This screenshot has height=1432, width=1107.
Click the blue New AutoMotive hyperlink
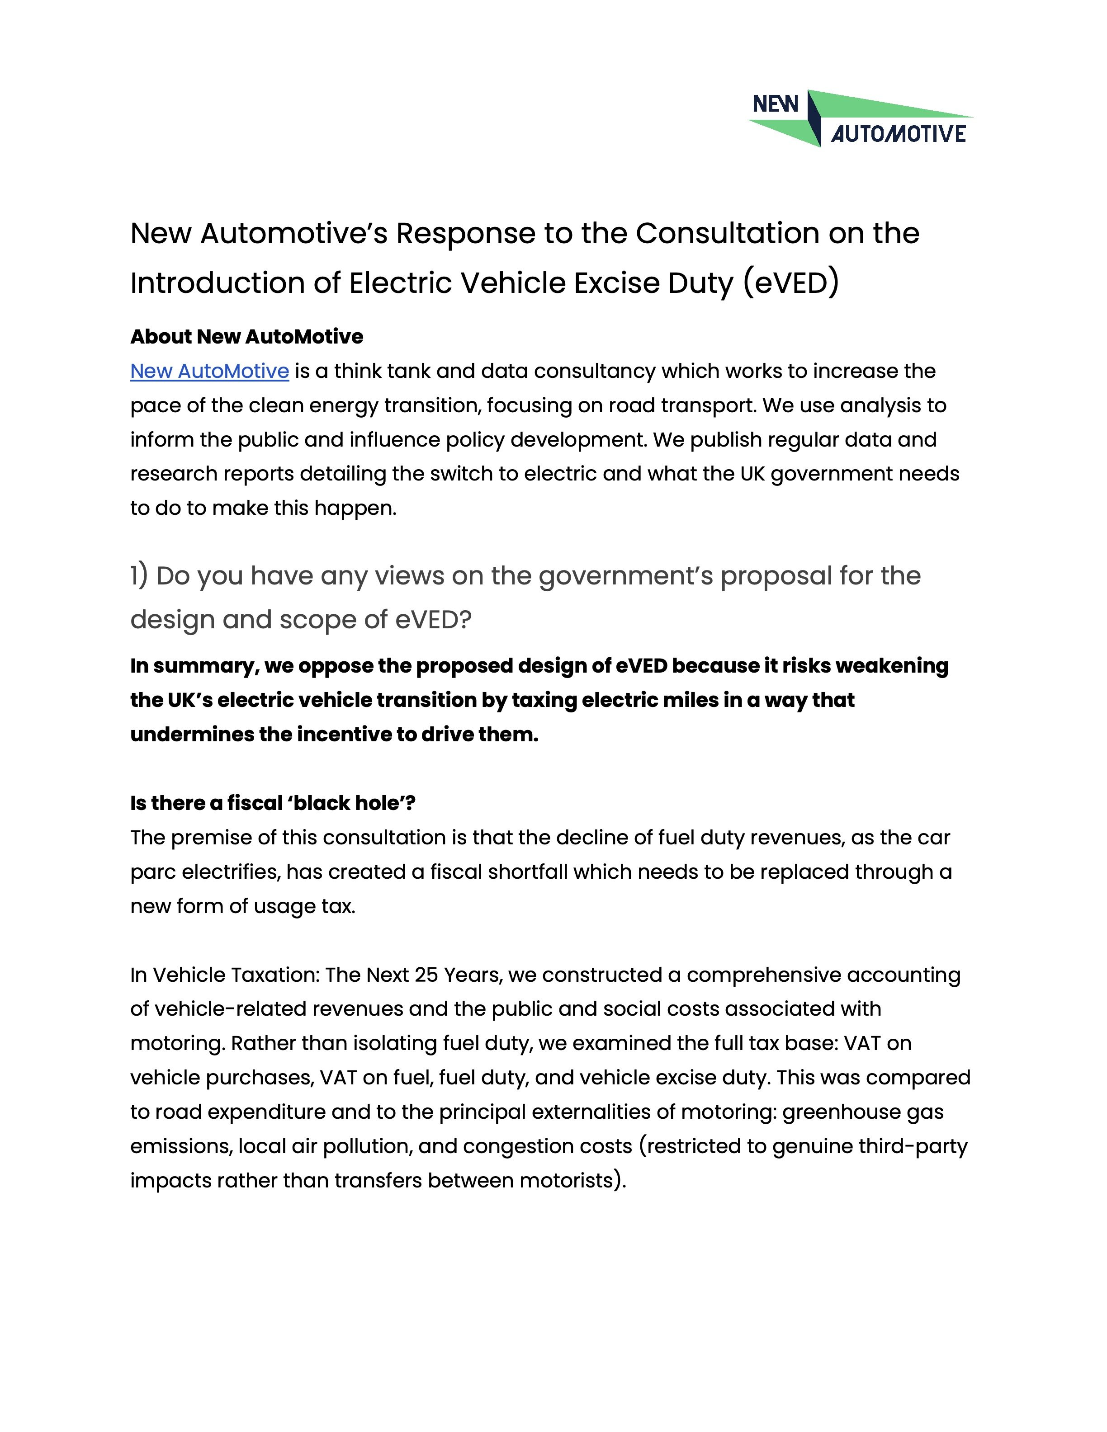(x=209, y=371)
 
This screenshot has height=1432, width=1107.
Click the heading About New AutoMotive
(x=246, y=336)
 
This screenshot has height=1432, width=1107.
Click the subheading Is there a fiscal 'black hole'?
(x=273, y=803)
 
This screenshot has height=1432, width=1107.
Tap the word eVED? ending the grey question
(x=432, y=620)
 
